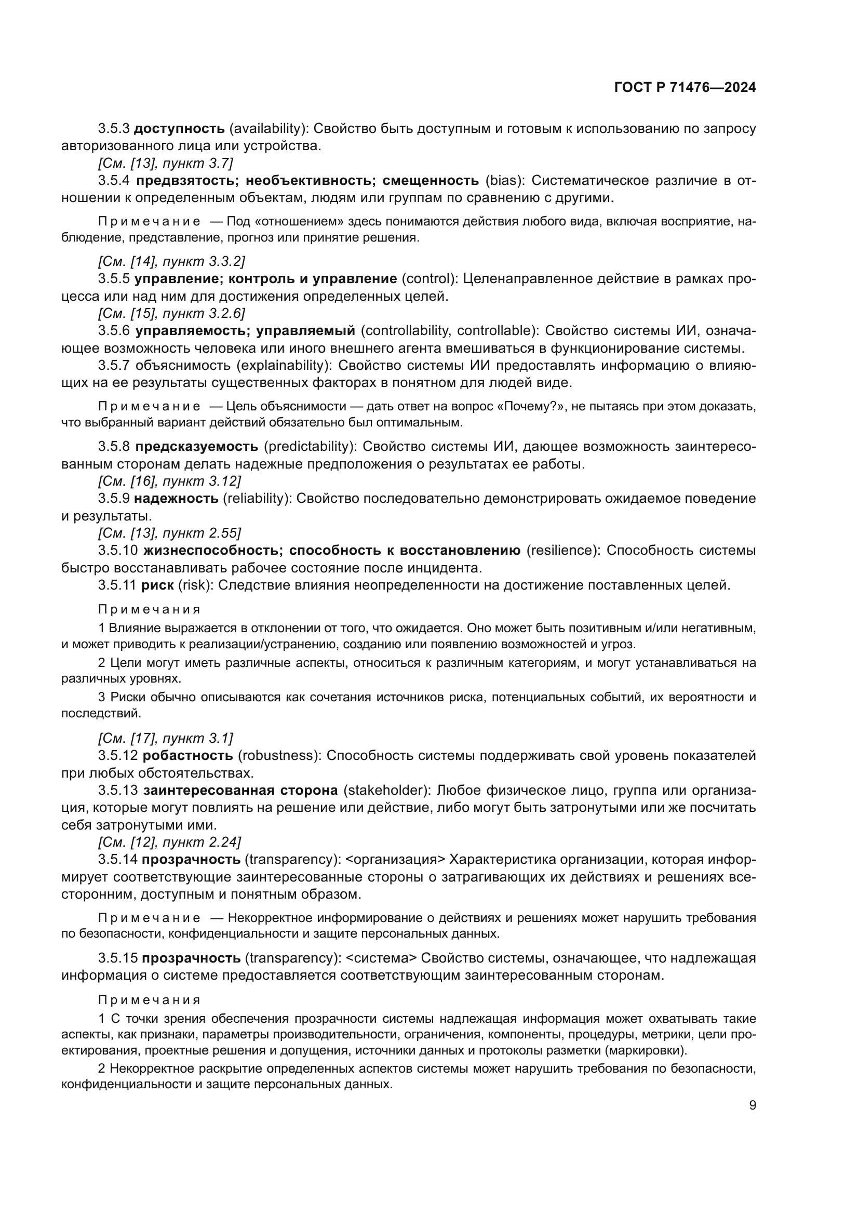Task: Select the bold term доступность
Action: pyautogui.click(x=179, y=129)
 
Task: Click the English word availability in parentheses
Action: pyautogui.click(x=266, y=129)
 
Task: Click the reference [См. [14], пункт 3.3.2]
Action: pyautogui.click(x=171, y=261)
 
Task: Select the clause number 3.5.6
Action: pyautogui.click(x=114, y=331)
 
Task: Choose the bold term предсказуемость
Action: pyautogui.click(x=197, y=447)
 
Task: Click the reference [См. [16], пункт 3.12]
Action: pyautogui.click(x=169, y=481)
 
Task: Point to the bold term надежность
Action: pyautogui.click(x=176, y=499)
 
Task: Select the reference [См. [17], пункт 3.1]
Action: pyautogui.click(x=166, y=738)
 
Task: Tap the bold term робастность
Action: pyautogui.click(x=188, y=756)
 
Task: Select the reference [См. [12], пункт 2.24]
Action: pyautogui.click(x=169, y=842)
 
